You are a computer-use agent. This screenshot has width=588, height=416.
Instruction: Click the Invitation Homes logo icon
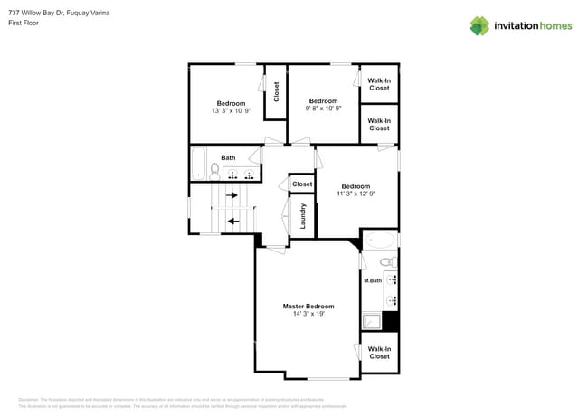(479, 25)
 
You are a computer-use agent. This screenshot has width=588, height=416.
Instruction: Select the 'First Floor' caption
(25, 23)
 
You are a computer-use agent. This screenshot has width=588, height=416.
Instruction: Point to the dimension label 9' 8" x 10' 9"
(324, 109)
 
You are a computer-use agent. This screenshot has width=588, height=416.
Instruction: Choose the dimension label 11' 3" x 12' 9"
(356, 194)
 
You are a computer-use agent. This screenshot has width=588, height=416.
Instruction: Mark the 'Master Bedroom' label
(308, 306)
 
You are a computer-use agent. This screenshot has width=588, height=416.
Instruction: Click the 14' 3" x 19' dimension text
(308, 314)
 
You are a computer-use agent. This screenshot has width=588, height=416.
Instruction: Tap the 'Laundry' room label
(303, 215)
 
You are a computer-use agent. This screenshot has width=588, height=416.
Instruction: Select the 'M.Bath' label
(372, 280)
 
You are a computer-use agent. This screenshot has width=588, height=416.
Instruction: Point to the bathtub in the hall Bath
(198, 164)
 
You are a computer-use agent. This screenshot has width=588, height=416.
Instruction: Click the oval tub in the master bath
(380, 241)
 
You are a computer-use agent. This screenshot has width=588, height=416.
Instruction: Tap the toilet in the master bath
(387, 262)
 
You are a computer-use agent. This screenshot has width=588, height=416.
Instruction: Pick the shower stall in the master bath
(371, 319)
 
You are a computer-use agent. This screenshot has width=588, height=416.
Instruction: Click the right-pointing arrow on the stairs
(232, 194)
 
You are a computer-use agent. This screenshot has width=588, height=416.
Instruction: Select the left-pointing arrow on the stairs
(232, 220)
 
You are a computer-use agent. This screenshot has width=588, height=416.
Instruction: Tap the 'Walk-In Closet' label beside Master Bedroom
(379, 352)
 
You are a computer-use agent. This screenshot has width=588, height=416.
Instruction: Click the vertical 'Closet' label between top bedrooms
(276, 91)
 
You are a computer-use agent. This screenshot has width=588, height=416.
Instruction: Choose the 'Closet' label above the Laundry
(302, 184)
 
